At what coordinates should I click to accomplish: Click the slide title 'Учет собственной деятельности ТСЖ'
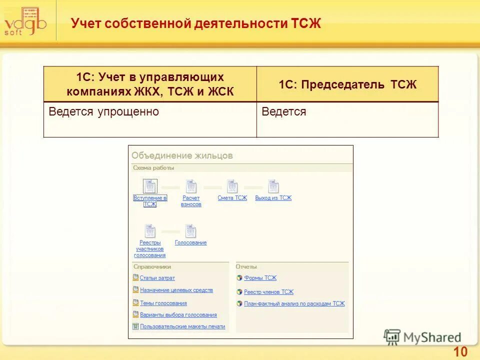tap(195, 23)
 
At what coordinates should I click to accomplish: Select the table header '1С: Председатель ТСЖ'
tap(347, 84)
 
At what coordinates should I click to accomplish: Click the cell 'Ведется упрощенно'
tap(104, 112)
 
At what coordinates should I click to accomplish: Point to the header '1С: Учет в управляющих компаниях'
tap(150, 84)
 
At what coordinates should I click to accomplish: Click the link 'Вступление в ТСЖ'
tap(150, 201)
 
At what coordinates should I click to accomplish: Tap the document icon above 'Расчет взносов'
tap(191, 186)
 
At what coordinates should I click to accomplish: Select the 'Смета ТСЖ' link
tap(232, 198)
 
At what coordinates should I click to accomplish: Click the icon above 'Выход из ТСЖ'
tap(273, 186)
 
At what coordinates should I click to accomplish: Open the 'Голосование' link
tap(190, 243)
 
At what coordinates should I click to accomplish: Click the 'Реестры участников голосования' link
tap(149, 248)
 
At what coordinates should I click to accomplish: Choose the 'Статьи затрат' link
tap(157, 278)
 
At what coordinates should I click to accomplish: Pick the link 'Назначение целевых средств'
tap(176, 290)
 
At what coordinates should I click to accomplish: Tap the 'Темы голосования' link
tap(163, 303)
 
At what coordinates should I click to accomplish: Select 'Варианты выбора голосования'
tap(178, 315)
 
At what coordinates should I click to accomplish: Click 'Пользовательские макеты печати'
tap(182, 326)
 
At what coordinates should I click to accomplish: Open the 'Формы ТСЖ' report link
tap(260, 278)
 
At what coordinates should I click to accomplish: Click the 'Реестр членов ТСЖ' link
tap(268, 292)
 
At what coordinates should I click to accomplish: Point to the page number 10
tap(460, 352)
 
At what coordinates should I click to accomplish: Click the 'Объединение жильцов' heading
tap(182, 155)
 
